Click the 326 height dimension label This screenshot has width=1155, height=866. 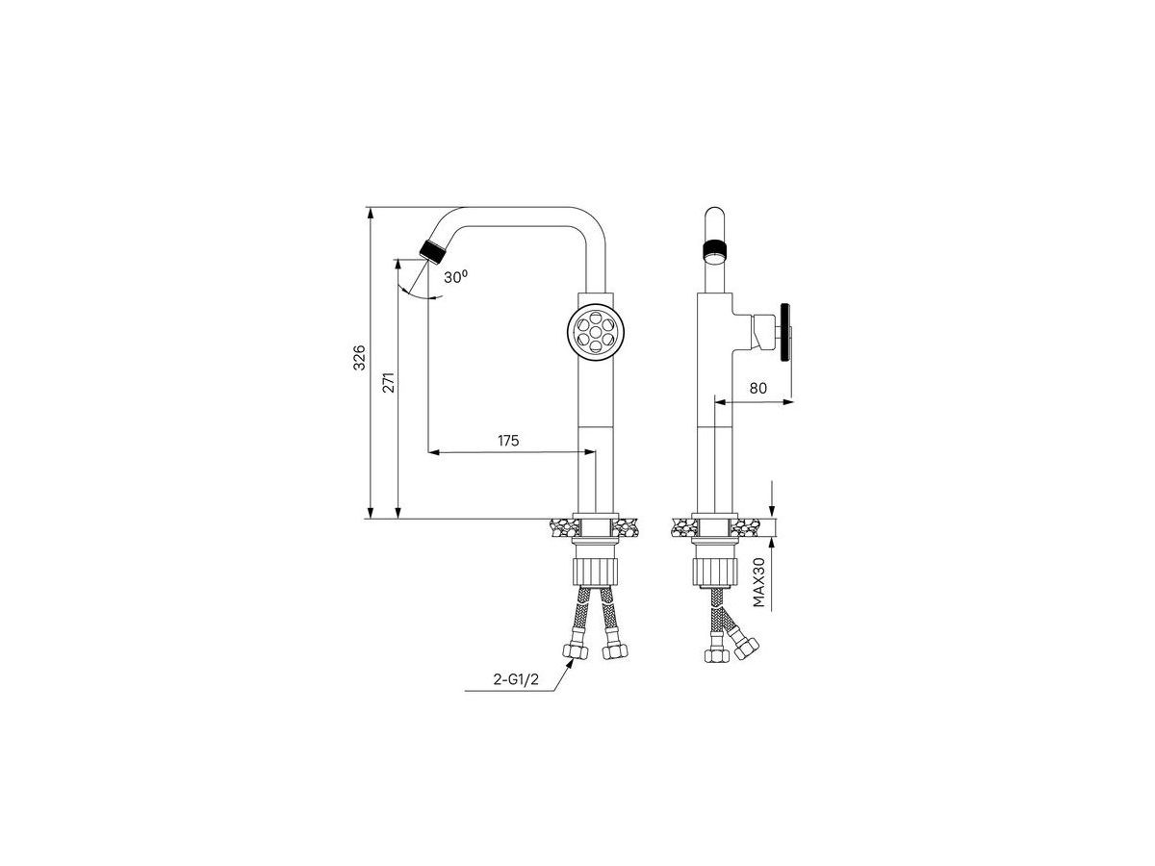(359, 358)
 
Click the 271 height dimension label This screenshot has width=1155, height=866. (388, 382)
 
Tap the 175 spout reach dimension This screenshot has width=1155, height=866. (508, 441)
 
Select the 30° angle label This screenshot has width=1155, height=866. (455, 276)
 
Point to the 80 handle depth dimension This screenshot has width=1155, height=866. (757, 388)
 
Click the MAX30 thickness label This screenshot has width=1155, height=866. (758, 582)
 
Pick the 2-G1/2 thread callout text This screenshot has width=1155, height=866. (516, 679)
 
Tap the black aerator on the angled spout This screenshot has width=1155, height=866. (432, 251)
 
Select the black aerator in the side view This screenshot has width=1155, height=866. (714, 251)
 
